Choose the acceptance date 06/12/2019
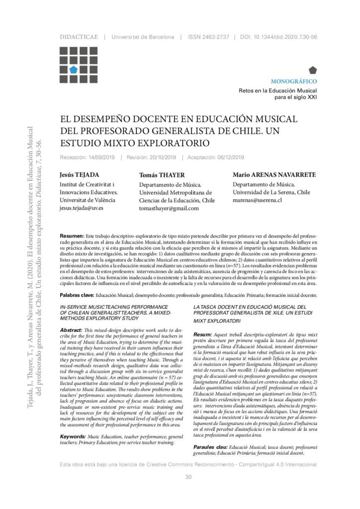pyautogui.click(x=228, y=158)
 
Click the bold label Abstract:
pyautogui.click(x=74, y=330)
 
